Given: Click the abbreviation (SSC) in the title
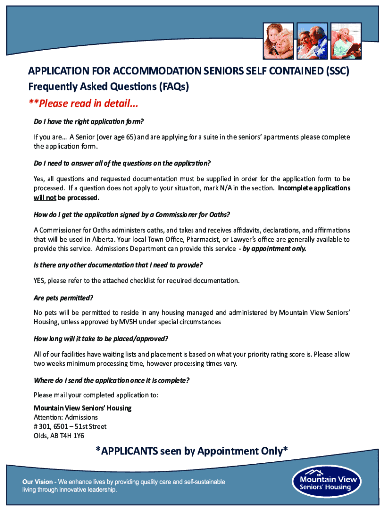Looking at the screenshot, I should click(x=336, y=71).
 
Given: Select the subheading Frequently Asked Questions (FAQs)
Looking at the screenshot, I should click(x=109, y=87).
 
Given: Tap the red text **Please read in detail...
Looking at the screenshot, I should click(x=83, y=104).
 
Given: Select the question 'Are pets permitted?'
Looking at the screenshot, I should click(x=63, y=298).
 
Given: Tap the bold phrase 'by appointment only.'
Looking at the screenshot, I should click(x=275, y=249).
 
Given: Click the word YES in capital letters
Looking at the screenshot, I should click(x=40, y=280).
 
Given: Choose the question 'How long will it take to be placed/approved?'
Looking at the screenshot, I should click(x=101, y=339).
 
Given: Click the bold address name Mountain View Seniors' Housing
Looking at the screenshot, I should click(x=82, y=408).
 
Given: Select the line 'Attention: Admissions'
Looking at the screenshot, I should click(x=66, y=417).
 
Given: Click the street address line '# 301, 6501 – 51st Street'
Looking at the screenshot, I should click(x=70, y=426).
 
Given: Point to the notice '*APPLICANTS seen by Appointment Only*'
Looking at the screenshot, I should click(x=192, y=451).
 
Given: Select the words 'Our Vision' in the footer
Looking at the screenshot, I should click(x=37, y=482).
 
